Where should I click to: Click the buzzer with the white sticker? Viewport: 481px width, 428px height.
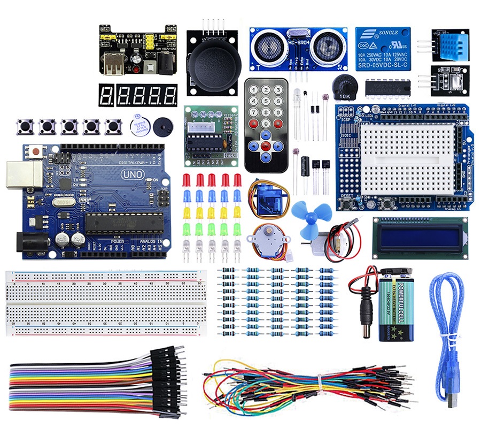pyautogui.click(x=140, y=126)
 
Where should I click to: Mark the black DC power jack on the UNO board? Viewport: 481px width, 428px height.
pyautogui.click(x=28, y=243)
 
